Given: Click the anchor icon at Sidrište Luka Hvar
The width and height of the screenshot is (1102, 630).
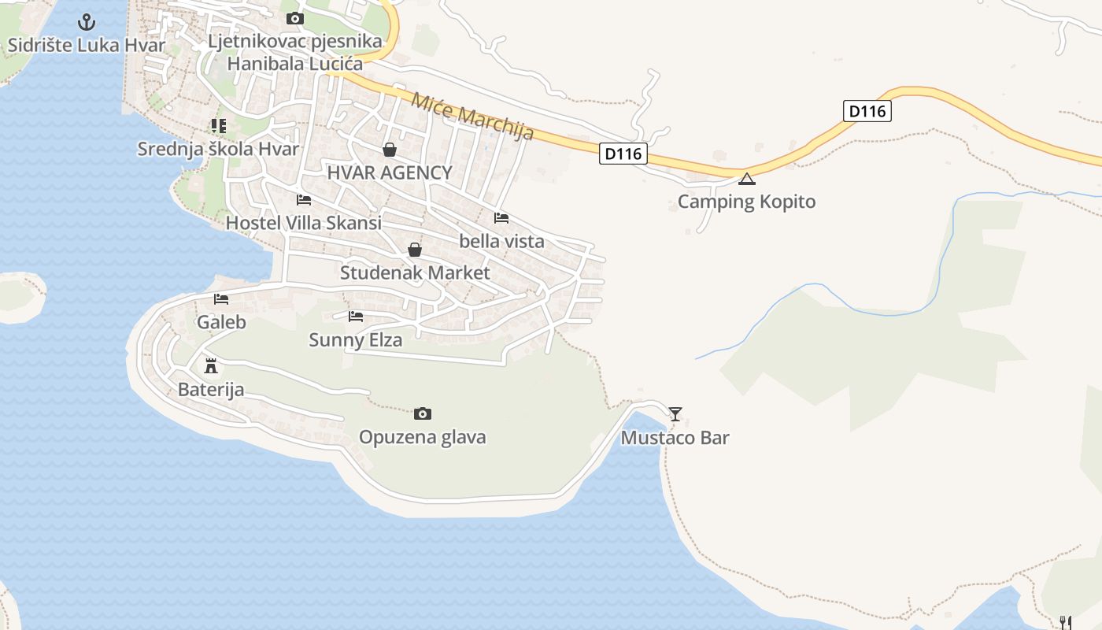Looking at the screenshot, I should (87, 22).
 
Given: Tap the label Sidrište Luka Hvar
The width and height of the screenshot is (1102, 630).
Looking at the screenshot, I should (87, 45).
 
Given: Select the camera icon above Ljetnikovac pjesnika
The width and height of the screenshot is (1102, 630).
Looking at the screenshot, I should (295, 18).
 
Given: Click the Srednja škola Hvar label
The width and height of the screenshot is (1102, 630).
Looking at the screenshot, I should (218, 149).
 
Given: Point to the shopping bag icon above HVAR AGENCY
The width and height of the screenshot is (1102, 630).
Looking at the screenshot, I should (390, 150).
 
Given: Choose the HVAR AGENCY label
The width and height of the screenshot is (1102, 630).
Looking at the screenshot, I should (390, 173).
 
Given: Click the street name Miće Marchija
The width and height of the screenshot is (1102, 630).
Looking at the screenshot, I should (472, 117).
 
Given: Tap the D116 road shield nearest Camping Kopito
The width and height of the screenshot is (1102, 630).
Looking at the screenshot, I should (623, 154).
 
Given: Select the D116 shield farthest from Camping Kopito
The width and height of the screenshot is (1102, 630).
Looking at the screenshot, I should (868, 111).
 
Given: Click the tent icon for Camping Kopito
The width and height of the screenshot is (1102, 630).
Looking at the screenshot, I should (747, 179).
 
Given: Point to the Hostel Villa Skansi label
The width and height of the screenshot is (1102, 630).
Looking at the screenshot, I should (304, 223).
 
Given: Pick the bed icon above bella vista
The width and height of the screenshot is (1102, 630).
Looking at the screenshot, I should (501, 218).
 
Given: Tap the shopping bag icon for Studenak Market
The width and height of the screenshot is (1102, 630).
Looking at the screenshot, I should (415, 250).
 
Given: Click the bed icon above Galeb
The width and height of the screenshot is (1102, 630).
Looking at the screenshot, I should (221, 299).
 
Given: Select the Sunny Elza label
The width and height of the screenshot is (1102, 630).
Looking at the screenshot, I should (355, 340).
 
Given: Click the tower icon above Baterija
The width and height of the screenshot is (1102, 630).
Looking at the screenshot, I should (210, 366).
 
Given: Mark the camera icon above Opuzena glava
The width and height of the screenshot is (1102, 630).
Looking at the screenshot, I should (423, 413).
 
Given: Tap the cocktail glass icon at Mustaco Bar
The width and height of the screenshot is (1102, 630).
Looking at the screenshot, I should (675, 413).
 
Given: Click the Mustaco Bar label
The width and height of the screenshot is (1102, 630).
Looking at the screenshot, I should (675, 438).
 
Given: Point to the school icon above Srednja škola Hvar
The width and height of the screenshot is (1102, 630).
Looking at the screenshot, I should (218, 125).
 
